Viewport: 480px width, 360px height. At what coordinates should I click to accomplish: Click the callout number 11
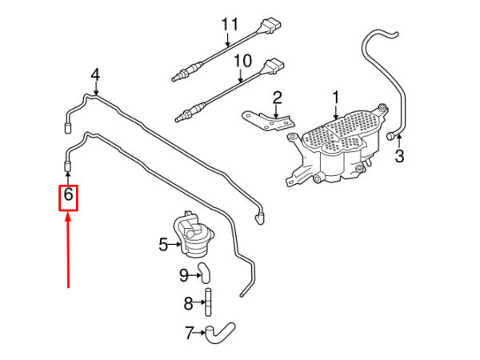(x=230, y=24)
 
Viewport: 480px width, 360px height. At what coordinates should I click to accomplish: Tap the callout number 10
(x=242, y=61)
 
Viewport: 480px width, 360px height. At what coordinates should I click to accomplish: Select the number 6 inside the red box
(x=68, y=194)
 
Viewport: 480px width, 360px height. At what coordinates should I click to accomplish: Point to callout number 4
(x=95, y=75)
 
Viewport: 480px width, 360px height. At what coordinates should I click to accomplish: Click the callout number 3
(x=399, y=156)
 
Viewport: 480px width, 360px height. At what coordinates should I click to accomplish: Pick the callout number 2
(x=277, y=98)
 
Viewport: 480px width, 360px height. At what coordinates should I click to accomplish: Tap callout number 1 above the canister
(x=336, y=98)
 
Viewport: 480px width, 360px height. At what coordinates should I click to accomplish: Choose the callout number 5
(x=163, y=244)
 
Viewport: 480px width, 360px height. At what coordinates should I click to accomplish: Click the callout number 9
(x=184, y=275)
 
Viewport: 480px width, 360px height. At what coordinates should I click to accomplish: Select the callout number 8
(x=188, y=303)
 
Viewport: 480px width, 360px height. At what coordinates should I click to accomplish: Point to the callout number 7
(x=190, y=333)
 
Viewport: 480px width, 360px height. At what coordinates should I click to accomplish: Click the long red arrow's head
(x=68, y=218)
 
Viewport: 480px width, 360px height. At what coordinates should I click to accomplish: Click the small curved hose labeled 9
(x=205, y=272)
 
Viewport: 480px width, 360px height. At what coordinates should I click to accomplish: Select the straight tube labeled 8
(x=208, y=302)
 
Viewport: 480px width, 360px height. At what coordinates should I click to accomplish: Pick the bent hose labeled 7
(x=219, y=332)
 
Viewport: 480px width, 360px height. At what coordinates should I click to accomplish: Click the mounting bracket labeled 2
(x=269, y=121)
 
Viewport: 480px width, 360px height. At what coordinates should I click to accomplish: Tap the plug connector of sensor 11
(x=270, y=25)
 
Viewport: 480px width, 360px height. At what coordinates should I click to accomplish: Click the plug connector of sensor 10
(x=273, y=66)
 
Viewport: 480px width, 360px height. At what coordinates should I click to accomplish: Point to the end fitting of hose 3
(x=391, y=136)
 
